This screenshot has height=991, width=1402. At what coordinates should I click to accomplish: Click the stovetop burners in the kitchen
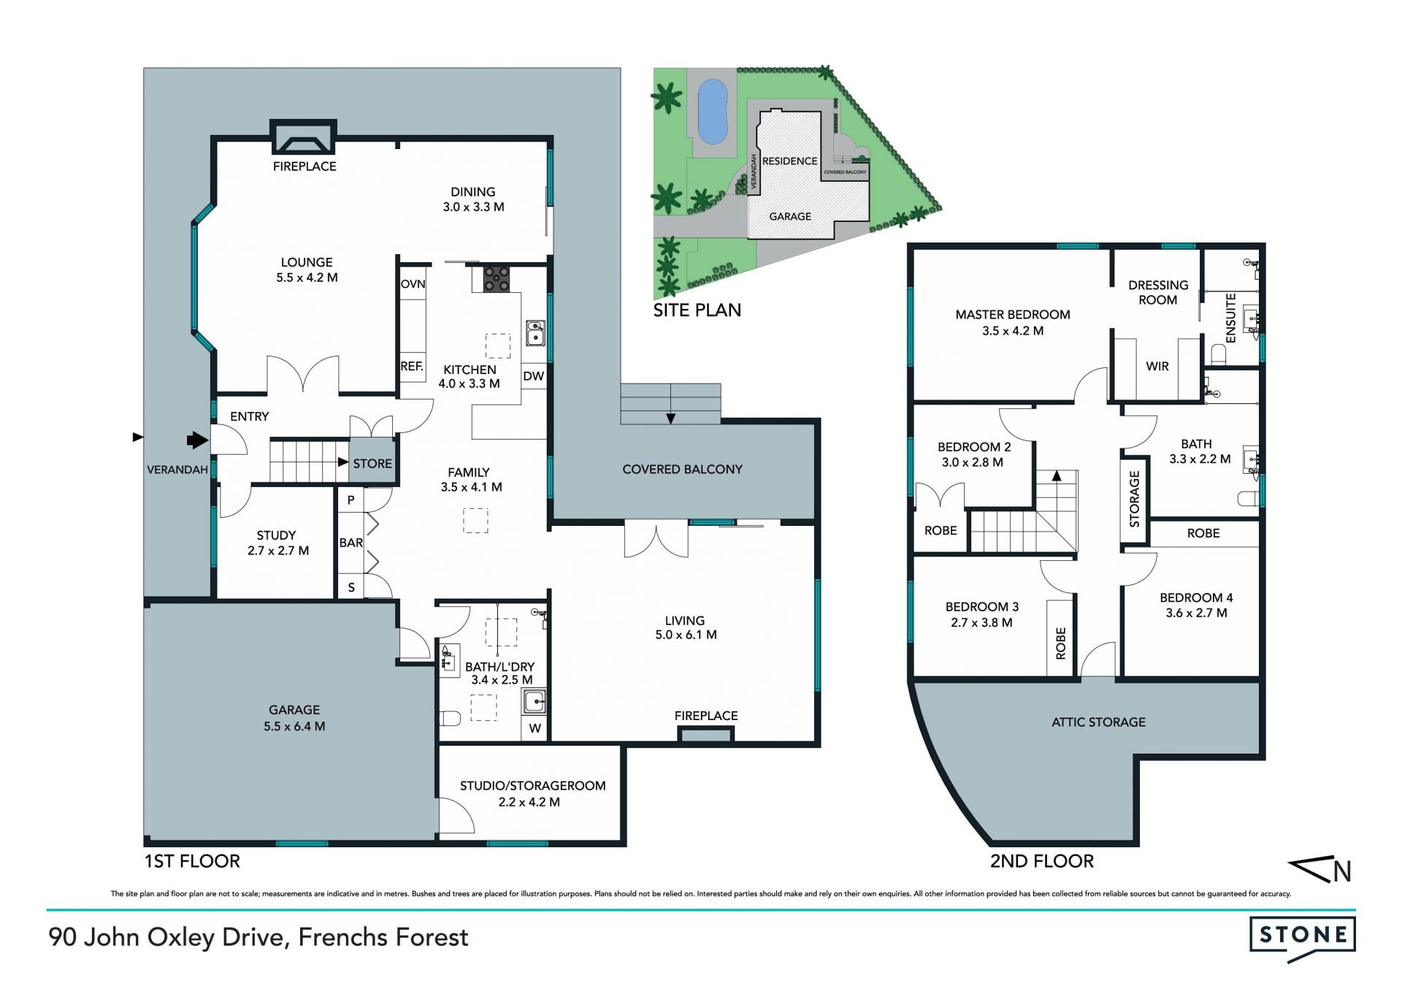click(497, 278)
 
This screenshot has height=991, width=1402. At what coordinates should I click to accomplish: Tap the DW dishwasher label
click(534, 376)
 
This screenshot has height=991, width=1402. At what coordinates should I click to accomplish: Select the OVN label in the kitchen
click(413, 284)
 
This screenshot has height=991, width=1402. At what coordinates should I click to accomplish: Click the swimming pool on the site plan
click(713, 112)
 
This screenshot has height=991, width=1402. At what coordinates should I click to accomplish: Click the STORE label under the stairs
click(372, 464)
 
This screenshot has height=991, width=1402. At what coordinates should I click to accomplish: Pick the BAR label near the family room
click(351, 543)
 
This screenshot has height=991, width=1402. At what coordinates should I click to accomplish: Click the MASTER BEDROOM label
click(1013, 315)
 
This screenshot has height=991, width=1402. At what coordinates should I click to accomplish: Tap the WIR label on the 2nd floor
click(1157, 367)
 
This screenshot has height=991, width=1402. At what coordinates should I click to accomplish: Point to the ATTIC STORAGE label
click(1098, 722)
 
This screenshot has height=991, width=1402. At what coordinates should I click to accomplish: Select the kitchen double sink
click(535, 332)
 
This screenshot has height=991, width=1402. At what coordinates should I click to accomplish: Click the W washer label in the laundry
click(535, 728)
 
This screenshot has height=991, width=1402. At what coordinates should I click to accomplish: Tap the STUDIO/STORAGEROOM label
click(532, 786)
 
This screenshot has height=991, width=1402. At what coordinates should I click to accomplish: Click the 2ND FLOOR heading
click(1042, 862)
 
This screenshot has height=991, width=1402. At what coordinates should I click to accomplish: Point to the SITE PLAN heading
click(697, 310)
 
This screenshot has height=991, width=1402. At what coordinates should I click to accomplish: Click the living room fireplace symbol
click(705, 735)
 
